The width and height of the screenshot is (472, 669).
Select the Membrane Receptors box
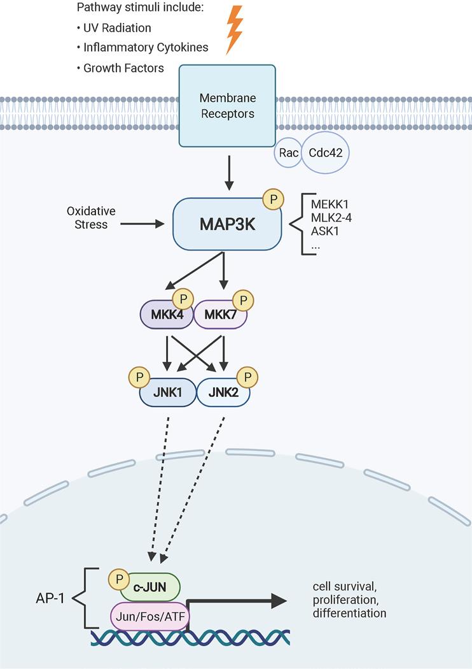(x=227, y=106)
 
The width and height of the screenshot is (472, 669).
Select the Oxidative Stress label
(x=88, y=217)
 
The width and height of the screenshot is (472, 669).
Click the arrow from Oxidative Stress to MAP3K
(x=142, y=224)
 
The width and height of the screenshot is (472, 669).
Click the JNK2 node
(x=223, y=393)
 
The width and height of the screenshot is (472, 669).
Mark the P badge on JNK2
(x=247, y=377)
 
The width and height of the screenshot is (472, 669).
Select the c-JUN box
(x=149, y=586)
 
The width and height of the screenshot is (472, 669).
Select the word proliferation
(x=342, y=600)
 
